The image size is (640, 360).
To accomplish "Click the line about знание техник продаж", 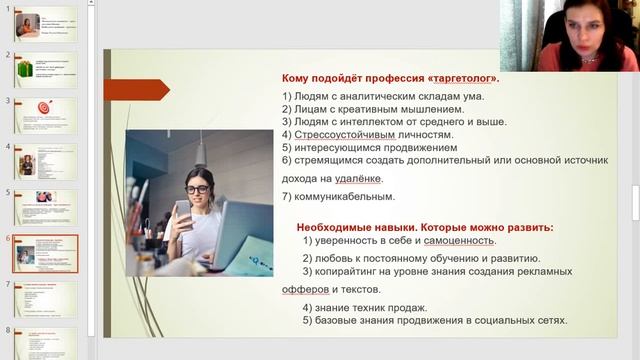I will [x=371, y=307].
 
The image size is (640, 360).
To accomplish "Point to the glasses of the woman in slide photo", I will [x=197, y=189].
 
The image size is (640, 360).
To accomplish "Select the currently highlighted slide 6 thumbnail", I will [x=45, y=254].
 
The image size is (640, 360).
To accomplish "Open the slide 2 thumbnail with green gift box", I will [x=45, y=69].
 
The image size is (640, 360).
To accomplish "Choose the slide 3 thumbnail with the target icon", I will [x=45, y=115].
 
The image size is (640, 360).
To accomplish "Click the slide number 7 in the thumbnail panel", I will [x=7, y=284].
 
